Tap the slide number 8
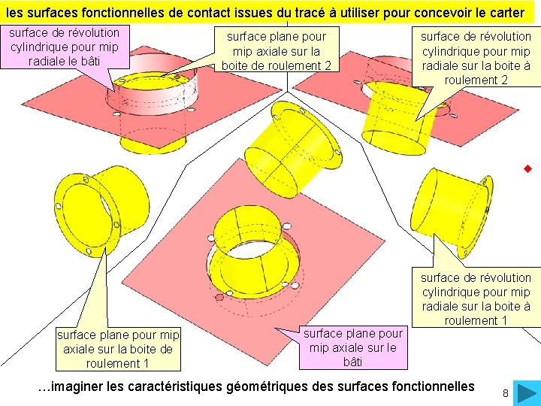pos(506,394)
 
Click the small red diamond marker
pos(528,170)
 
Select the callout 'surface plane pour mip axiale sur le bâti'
pos(352,347)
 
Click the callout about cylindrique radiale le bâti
pos(64,47)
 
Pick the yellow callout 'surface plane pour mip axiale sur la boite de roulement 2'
pos(277,50)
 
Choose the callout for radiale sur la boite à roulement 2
pos(475,58)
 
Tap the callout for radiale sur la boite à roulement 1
pos(476,298)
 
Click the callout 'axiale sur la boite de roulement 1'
pos(117,349)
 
